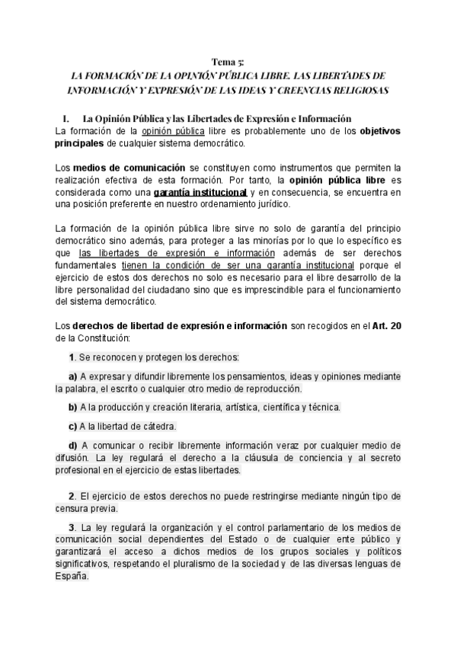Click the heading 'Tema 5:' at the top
coord(228,62)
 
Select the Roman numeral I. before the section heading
coord(66,119)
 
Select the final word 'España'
coord(72,577)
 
